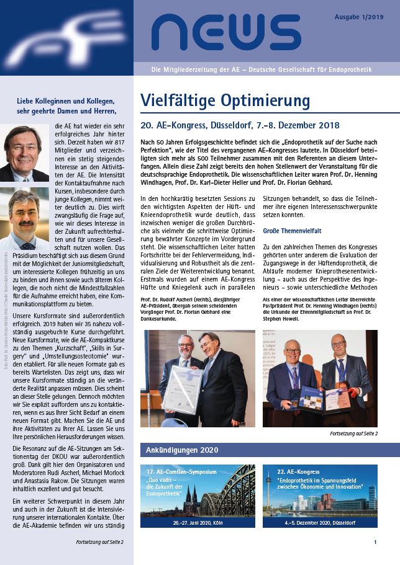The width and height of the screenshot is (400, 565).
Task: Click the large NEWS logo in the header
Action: (217, 33)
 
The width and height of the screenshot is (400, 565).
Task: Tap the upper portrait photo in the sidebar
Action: (24, 153)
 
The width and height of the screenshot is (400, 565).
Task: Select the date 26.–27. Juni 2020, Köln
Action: (197, 523)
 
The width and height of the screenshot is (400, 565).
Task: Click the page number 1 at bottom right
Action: (375, 542)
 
